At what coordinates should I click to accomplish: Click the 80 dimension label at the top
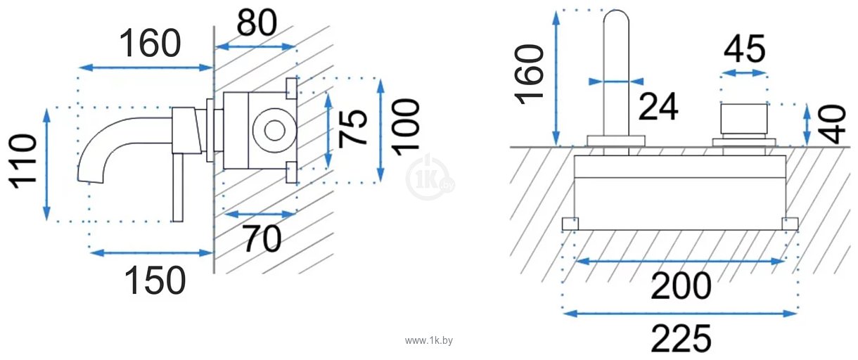pos(256,22)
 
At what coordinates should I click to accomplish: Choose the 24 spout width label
pos(658,107)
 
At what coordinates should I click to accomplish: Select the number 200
pos(681,285)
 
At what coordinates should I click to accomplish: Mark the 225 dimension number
pos(681,339)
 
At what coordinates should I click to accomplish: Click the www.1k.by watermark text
pos(429,340)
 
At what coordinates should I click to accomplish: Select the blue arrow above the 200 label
pos(679,261)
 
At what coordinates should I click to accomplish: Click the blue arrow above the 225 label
pos(679,312)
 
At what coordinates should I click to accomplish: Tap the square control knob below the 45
pos(744,122)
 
